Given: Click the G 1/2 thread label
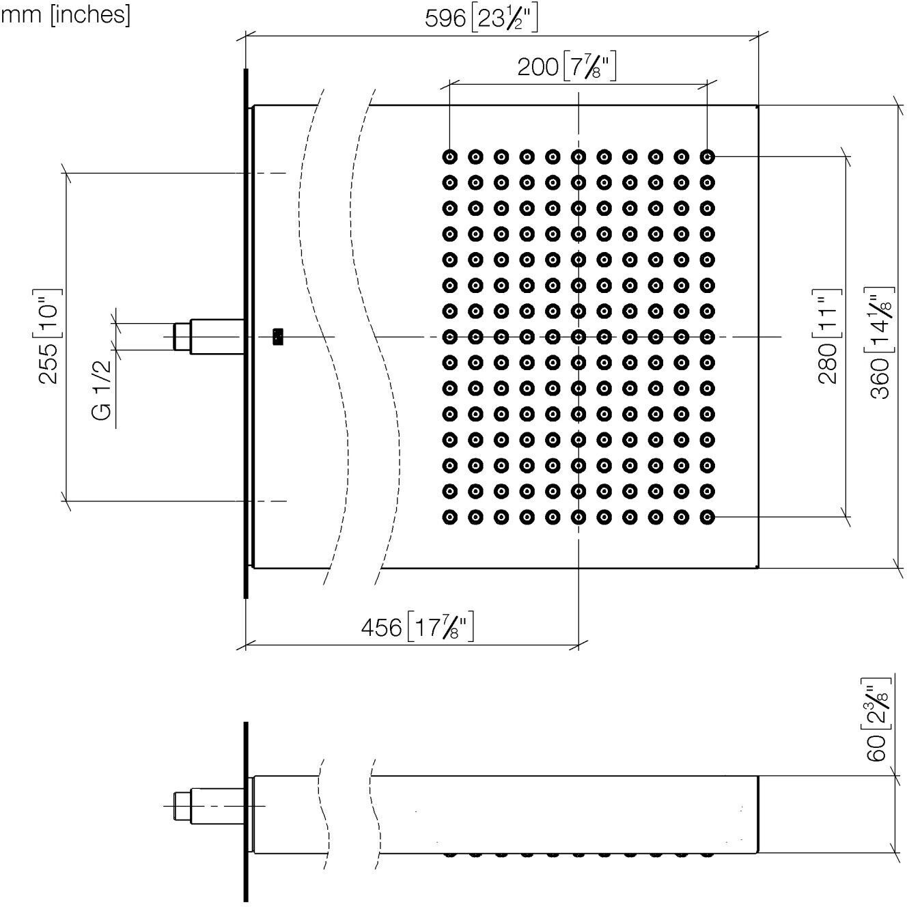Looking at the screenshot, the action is pyautogui.click(x=102, y=389).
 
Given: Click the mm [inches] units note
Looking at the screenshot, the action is pyautogui.click(x=66, y=15).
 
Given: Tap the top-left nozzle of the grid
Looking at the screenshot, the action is pyautogui.click(x=450, y=156).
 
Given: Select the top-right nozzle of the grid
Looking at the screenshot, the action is pyautogui.click(x=707, y=156).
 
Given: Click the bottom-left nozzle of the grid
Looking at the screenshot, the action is pyautogui.click(x=450, y=517).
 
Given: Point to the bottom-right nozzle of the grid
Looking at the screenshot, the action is pyautogui.click(x=707, y=517).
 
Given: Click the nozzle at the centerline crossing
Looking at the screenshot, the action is pyautogui.click(x=578, y=337).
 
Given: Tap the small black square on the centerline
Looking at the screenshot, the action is pyautogui.click(x=278, y=337).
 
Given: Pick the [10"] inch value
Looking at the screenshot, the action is pyautogui.click(x=49, y=313).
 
